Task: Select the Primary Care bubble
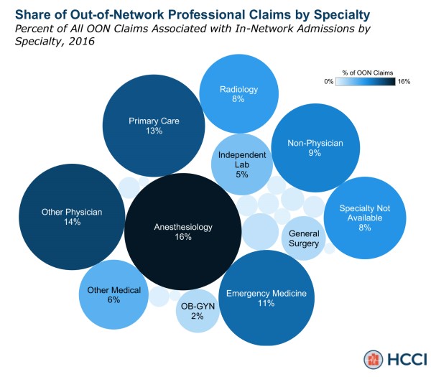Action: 154,126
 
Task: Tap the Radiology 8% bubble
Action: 238,93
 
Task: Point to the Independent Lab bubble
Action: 241,164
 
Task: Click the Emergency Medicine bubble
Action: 267,298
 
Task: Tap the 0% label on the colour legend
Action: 328,82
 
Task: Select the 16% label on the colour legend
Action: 404,82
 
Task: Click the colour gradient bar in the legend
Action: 366,82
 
